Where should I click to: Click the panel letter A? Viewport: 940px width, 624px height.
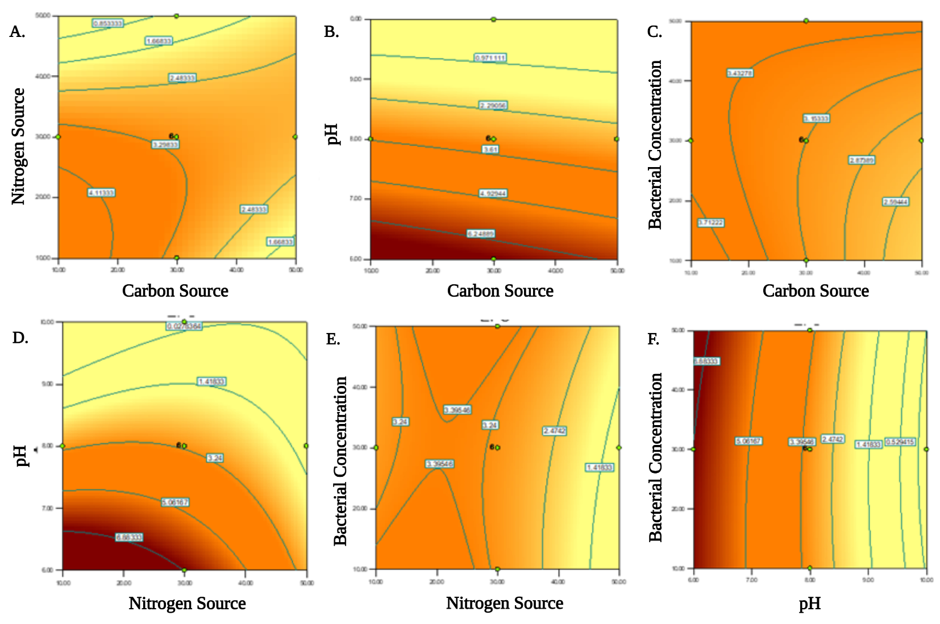17,32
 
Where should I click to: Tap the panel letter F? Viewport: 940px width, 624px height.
654,339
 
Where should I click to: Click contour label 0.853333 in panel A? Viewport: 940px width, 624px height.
107,23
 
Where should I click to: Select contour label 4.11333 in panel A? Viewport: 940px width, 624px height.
101,193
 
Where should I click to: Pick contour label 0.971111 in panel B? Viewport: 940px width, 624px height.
490,58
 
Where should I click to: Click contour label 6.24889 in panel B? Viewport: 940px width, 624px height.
481,234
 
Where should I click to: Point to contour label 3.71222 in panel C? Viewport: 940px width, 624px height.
710,222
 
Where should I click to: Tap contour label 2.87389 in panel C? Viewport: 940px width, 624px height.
862,160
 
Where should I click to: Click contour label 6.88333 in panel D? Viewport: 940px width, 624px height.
129,537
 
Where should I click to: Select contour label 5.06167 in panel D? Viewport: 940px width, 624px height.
174,502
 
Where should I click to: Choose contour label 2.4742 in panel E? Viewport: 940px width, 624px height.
554,431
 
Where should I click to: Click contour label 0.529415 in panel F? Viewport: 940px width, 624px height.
900,442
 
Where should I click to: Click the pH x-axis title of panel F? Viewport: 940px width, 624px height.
809,604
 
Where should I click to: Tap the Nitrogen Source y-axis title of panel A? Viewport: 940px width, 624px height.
18,146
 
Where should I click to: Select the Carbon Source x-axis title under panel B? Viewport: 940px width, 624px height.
500,291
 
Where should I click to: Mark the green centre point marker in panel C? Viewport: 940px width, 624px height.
806,140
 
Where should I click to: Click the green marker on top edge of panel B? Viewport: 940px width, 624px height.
493,19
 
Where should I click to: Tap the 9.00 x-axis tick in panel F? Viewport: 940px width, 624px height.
868,580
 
